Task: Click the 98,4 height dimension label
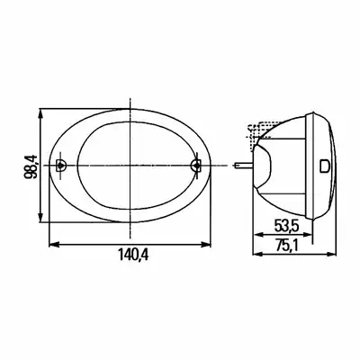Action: coord(31,166)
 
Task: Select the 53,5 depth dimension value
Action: coord(286,227)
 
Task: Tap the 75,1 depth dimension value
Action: coord(285,247)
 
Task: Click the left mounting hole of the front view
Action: coord(61,165)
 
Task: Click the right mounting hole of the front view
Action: coord(195,165)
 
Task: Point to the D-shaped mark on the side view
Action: coord(325,166)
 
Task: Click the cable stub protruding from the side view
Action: coord(244,165)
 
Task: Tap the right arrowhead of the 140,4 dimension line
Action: coord(206,245)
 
